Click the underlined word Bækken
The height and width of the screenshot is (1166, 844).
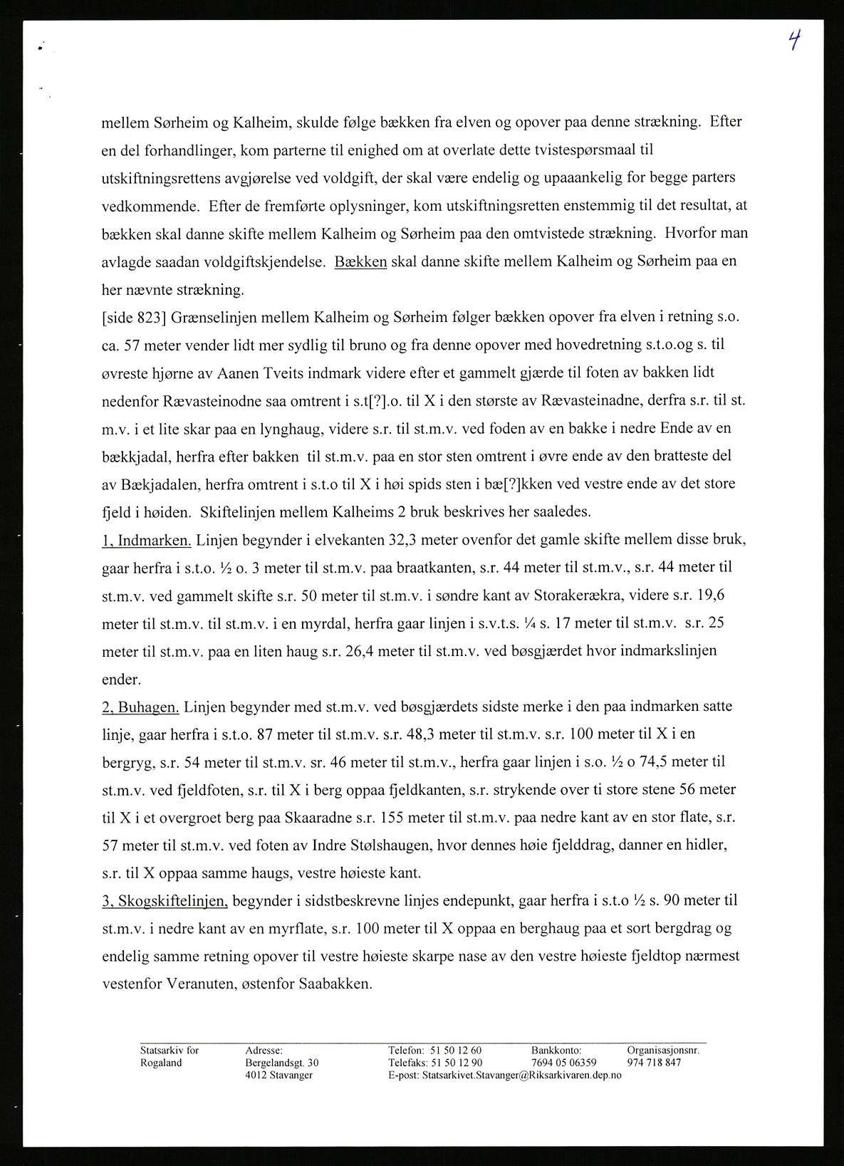pyautogui.click(x=360, y=261)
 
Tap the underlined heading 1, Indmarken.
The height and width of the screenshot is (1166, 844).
pyautogui.click(x=147, y=540)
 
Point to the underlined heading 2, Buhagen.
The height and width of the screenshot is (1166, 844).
pyautogui.click(x=140, y=707)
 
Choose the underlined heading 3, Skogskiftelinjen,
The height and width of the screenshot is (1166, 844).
pyautogui.click(x=165, y=901)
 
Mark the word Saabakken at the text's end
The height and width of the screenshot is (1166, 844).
pyautogui.click(x=335, y=984)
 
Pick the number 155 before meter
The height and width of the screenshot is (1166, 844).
pyautogui.click(x=370, y=818)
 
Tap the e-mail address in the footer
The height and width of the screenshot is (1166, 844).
pyautogui.click(x=521, y=1075)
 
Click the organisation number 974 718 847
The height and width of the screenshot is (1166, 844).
pyautogui.click(x=654, y=1062)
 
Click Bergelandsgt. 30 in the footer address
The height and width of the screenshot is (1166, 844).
pyautogui.click(x=282, y=1062)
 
